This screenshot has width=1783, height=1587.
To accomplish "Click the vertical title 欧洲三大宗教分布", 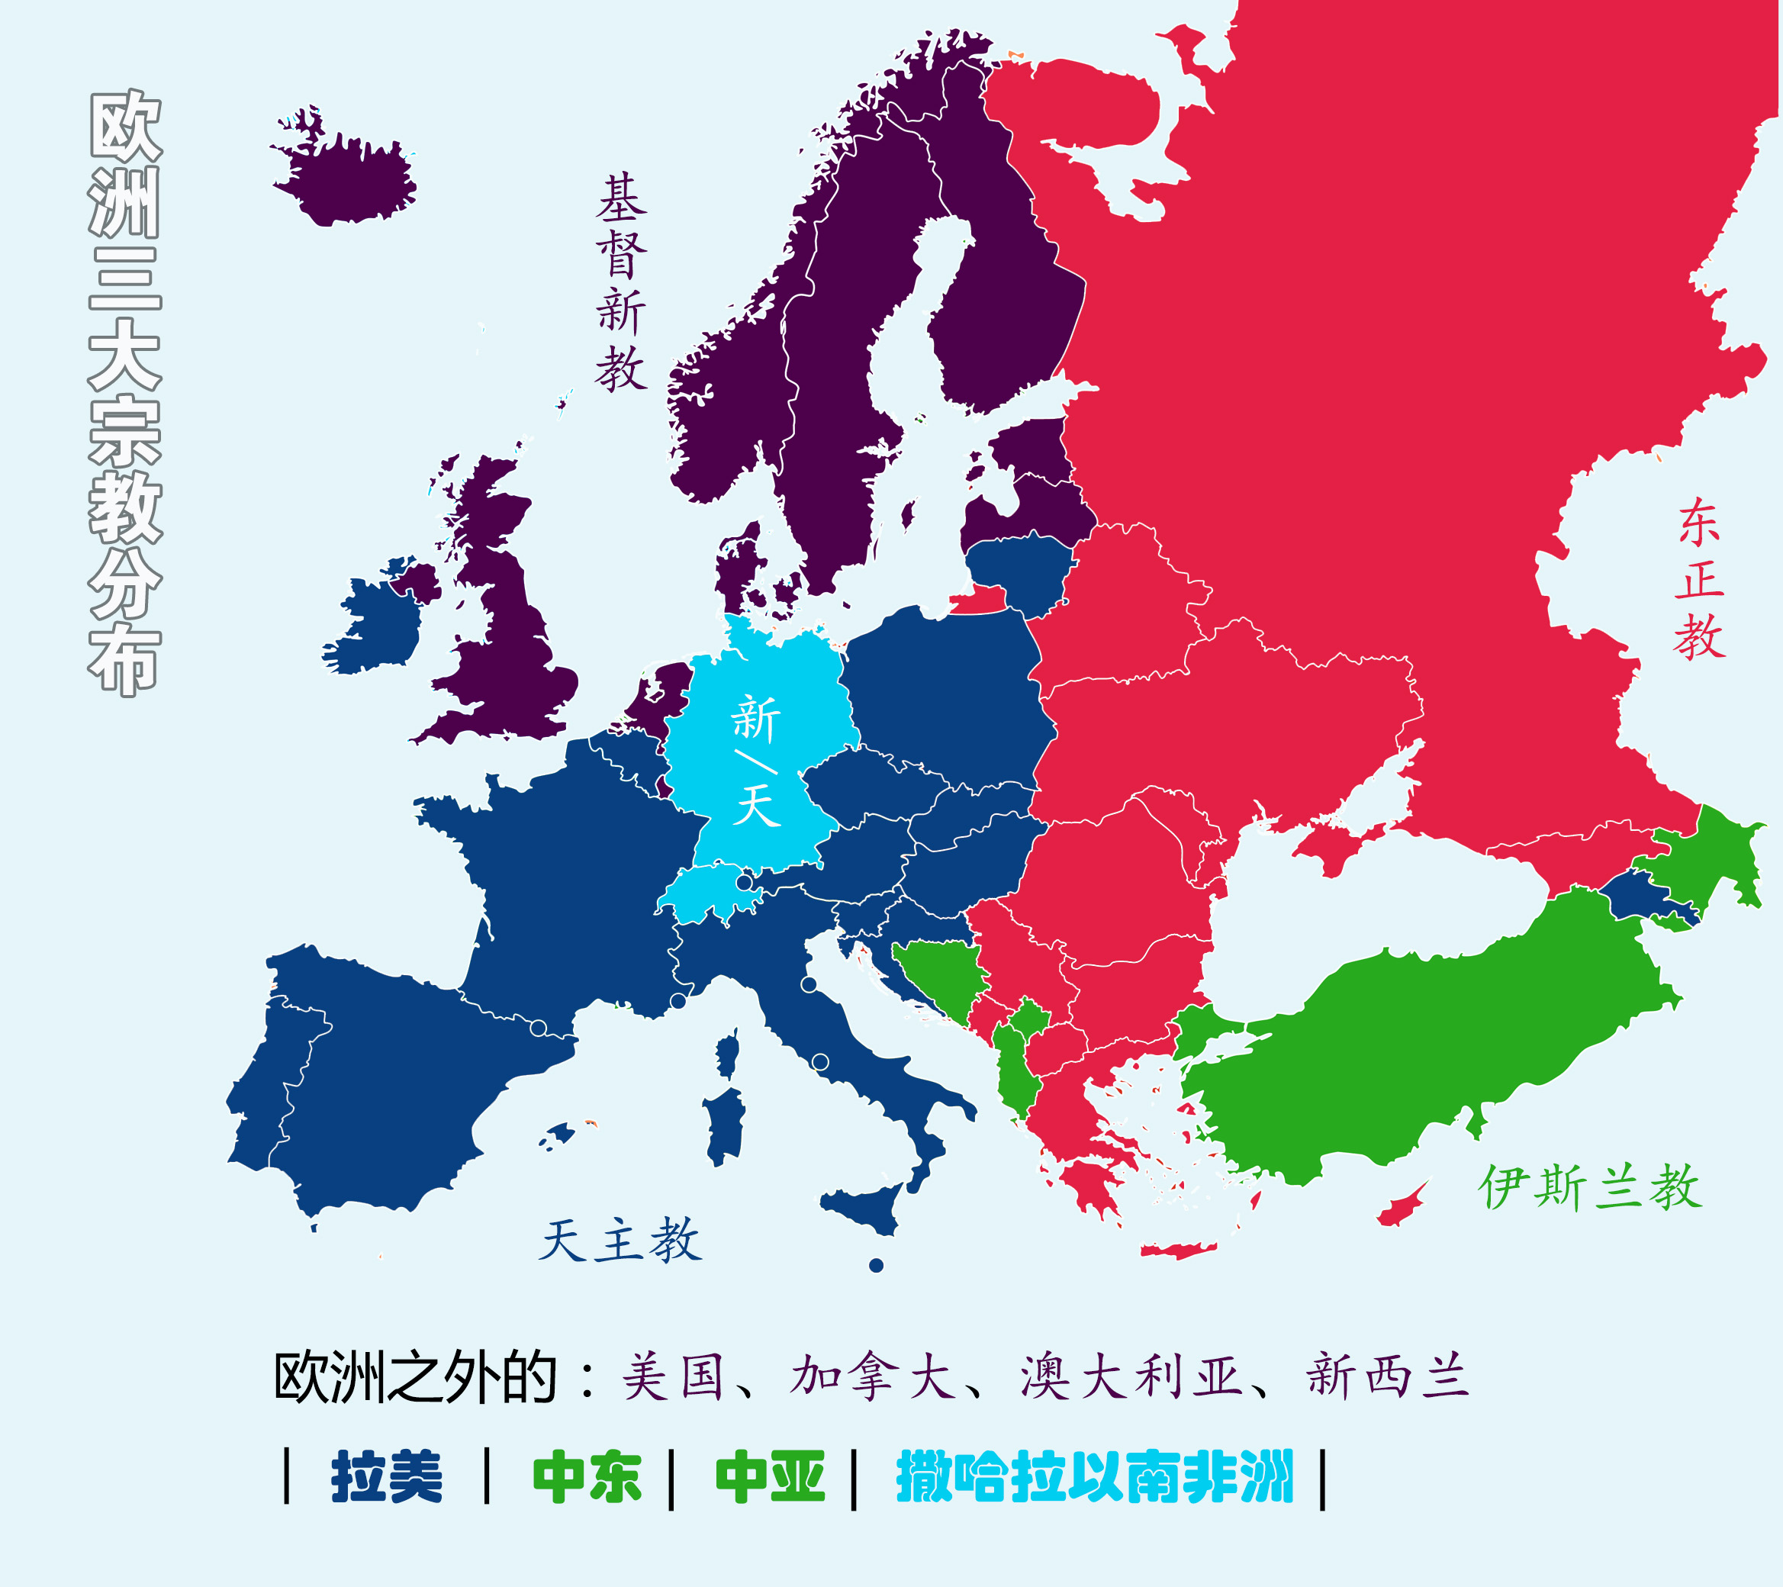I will [124, 393].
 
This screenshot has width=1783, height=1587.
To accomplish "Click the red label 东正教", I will [1699, 579].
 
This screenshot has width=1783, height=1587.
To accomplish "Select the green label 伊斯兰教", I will [1589, 1187].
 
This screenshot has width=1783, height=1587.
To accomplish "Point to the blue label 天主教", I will [620, 1240].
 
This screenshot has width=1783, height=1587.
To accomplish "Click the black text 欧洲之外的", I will [415, 1378].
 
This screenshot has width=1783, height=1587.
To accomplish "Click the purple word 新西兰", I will [1387, 1378].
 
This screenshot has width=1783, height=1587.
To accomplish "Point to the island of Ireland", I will [375, 624].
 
